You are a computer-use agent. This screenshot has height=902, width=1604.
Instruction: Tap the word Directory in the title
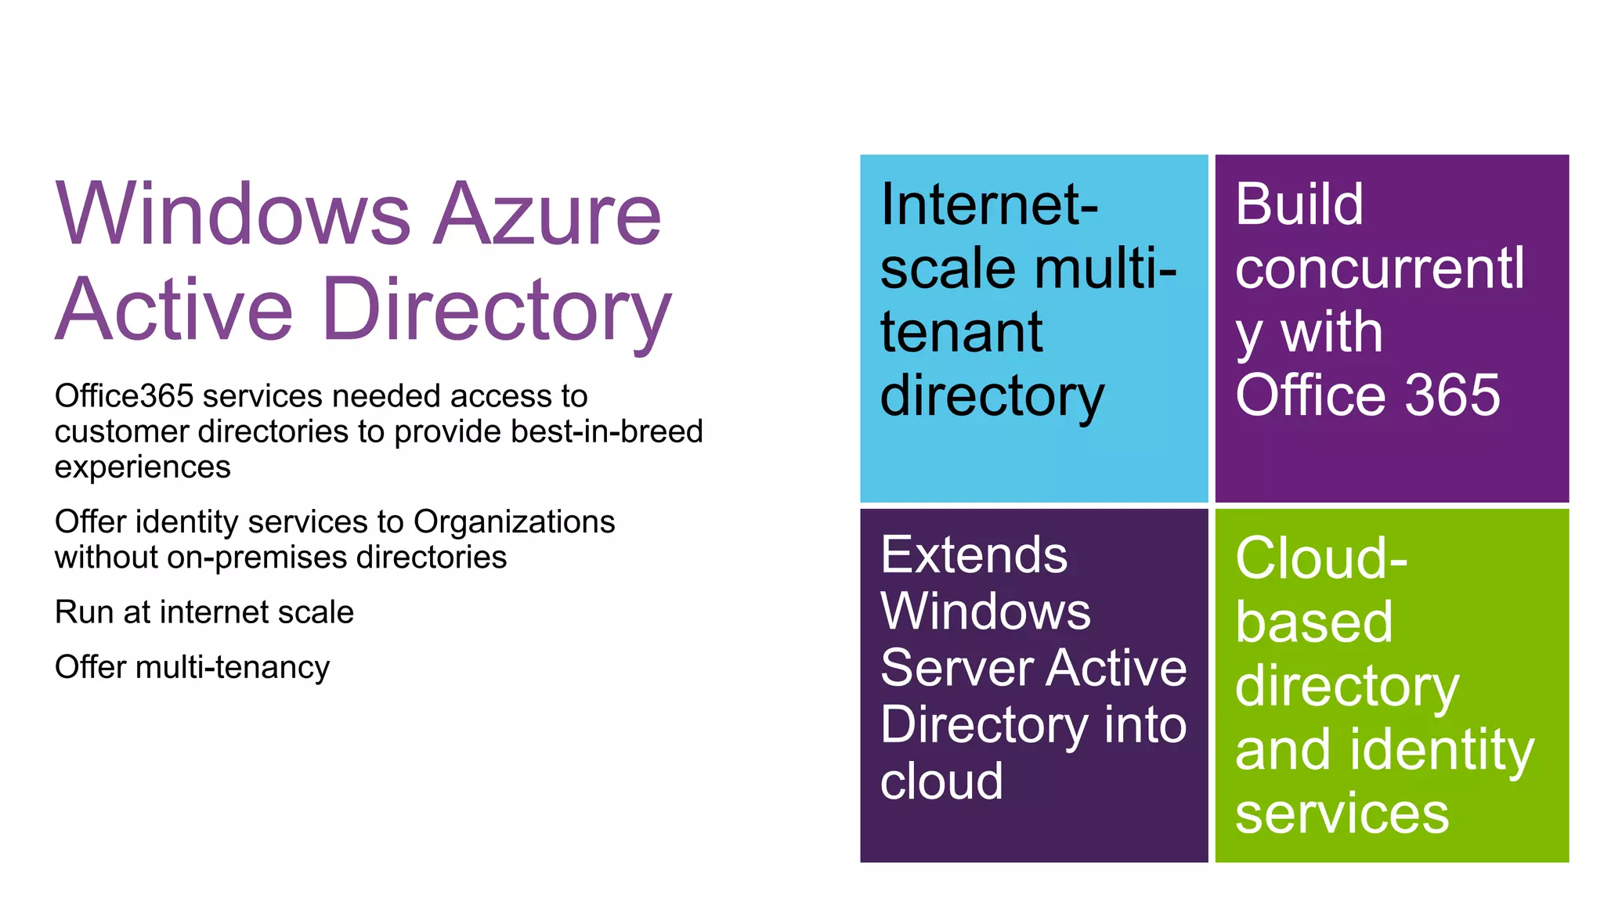tap(497, 310)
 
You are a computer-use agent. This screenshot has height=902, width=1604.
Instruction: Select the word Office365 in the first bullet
tap(124, 396)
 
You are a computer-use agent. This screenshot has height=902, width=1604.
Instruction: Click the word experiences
tap(143, 467)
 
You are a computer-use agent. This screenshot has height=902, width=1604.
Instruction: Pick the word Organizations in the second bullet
tap(514, 521)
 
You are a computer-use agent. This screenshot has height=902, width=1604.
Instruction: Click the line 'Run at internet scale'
tap(204, 612)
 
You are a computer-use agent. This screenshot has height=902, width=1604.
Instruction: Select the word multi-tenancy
tap(232, 667)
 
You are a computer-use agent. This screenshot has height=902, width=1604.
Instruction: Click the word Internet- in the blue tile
tap(989, 205)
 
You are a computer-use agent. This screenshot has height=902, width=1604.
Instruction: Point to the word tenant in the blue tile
tap(961, 332)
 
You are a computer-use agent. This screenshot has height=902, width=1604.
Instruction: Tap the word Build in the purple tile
tap(1299, 205)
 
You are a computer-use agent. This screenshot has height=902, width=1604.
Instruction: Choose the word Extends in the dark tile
tap(974, 555)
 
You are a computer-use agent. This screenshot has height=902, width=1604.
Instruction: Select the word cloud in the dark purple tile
tap(941, 781)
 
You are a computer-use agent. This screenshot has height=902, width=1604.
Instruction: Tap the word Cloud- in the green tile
tap(1321, 558)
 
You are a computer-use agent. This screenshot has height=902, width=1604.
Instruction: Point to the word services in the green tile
tap(1342, 814)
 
